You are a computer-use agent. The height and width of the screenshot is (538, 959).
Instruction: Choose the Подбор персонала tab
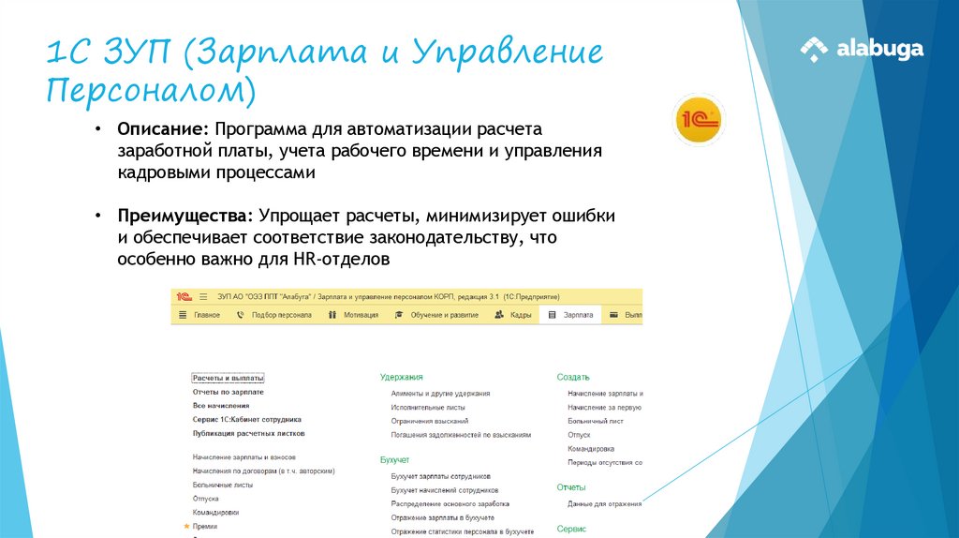pyautogui.click(x=281, y=315)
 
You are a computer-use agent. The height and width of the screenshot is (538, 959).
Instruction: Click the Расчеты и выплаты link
pyautogui.click(x=228, y=378)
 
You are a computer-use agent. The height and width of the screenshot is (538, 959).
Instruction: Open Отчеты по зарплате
pyautogui.click(x=228, y=392)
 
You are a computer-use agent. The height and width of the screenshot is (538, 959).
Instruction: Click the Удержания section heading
pyautogui.click(x=401, y=377)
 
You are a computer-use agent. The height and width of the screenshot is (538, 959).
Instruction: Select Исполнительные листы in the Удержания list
pyautogui.click(x=428, y=408)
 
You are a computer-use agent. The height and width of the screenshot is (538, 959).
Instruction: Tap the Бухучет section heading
pyautogui.click(x=394, y=460)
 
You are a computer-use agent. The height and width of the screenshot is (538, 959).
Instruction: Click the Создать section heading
pyautogui.click(x=572, y=377)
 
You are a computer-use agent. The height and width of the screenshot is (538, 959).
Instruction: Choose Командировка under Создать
pyautogui.click(x=591, y=449)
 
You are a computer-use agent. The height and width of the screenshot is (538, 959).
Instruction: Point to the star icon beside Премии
pyautogui.click(x=187, y=527)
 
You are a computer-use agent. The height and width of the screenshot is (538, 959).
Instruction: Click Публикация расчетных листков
pyautogui.click(x=248, y=434)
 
